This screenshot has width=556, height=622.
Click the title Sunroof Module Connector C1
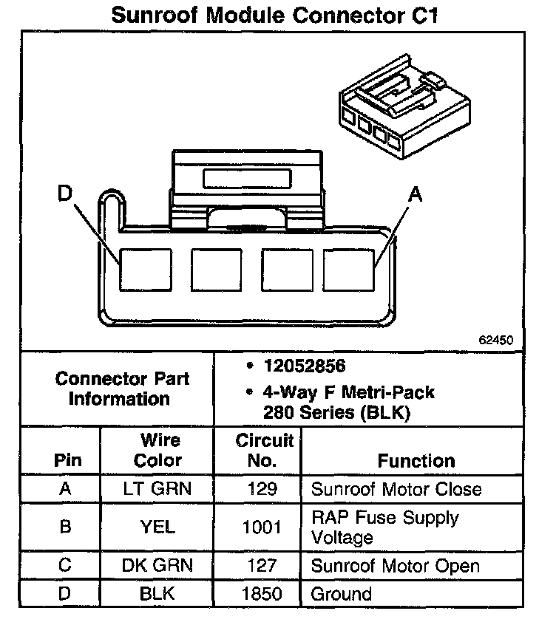pos(274,16)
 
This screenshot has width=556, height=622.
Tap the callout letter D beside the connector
pos(65,194)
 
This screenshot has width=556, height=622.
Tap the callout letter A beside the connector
pos(416,194)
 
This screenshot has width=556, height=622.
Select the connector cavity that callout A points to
pos(349,270)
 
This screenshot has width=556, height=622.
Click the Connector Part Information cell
pos(123,389)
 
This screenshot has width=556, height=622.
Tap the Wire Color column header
pos(158,450)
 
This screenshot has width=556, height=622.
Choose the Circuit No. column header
pos(264,450)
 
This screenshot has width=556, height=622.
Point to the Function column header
pos(416,461)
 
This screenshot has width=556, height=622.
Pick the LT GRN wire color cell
pos(158,489)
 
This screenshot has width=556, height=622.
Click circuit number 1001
pos(262,527)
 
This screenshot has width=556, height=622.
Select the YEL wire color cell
pos(158,527)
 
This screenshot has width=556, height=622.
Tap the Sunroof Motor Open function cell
pos(396,566)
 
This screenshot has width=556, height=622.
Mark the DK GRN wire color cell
pos(158,566)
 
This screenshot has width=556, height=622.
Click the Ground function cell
pos(341,593)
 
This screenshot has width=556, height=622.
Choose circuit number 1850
pos(262,593)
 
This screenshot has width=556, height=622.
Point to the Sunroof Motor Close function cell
pos(396,489)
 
